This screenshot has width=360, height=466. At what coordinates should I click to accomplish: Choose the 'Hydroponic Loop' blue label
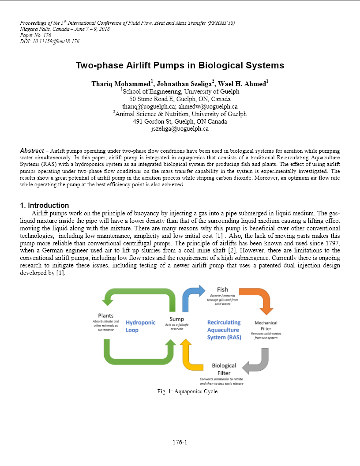pyautogui.click(x=140, y=326)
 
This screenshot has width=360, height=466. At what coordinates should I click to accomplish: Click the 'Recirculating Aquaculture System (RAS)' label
pyautogui.click(x=224, y=330)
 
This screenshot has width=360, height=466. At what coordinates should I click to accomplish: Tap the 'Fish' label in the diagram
pyautogui.click(x=222, y=289)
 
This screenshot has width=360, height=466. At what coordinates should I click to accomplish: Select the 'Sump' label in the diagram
pyautogui.click(x=176, y=319)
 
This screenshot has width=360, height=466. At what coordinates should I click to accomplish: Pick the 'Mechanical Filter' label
pyautogui.click(x=266, y=325)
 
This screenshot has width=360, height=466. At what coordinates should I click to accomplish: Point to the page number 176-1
pyautogui.click(x=180, y=442)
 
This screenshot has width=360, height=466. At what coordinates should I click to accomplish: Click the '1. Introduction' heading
pyautogui.click(x=45, y=205)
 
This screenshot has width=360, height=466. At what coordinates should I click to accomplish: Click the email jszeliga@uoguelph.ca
pyautogui.click(x=180, y=129)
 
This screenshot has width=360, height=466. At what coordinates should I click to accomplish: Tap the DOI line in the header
pyautogui.click(x=50, y=41)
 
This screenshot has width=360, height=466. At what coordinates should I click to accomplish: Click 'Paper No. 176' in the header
pyautogui.click(x=36, y=35)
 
